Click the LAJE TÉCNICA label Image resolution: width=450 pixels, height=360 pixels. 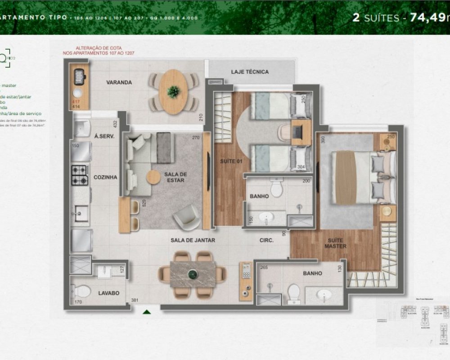click(250, 72)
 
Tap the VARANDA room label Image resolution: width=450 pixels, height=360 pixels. click(119, 82)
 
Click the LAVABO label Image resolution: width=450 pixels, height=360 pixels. click(108, 293)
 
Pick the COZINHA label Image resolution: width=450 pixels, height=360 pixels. click(105, 177)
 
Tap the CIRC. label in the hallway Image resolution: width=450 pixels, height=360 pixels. click(267, 240)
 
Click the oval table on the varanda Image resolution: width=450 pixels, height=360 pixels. click(173, 92)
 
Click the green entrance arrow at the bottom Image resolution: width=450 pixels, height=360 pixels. click(146, 311)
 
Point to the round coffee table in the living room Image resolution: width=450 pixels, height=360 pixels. click(153, 177)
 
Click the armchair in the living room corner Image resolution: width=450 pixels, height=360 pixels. click(186, 217)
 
